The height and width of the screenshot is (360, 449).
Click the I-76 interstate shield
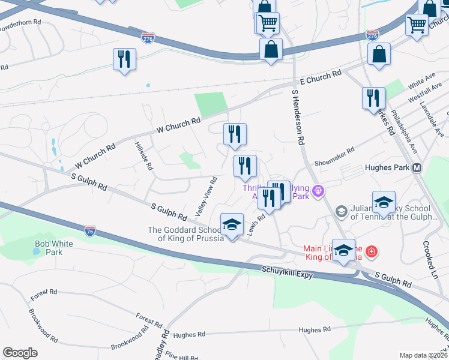[x=89, y=231]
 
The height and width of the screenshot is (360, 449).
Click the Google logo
[x=20, y=353]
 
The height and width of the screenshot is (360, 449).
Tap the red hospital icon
[x=372, y=251]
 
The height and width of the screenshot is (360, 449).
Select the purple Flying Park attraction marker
[x=318, y=191]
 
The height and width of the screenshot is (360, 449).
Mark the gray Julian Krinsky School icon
[x=342, y=211]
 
